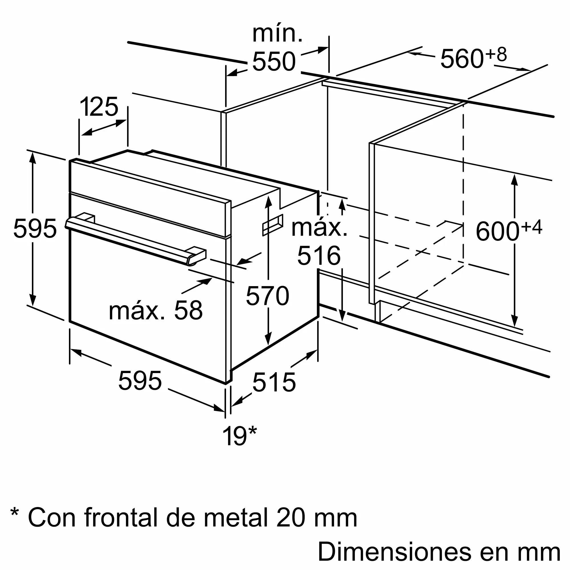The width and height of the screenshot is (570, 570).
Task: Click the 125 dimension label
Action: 99,107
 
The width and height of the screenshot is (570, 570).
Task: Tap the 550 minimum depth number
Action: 274,61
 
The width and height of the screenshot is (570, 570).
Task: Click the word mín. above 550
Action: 277,34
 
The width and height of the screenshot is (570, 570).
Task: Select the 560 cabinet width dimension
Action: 462,59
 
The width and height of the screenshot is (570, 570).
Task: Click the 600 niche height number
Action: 497,232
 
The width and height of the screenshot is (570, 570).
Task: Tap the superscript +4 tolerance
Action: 531,227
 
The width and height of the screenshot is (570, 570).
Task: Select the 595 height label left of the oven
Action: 35,228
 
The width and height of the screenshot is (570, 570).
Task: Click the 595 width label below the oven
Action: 140,380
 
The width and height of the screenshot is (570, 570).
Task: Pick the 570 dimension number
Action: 267,296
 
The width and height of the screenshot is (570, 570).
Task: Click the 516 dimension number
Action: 319,255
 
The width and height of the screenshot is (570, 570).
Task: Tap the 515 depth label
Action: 274,382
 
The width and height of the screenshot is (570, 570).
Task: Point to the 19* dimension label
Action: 239,436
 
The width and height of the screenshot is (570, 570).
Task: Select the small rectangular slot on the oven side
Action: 273,225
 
